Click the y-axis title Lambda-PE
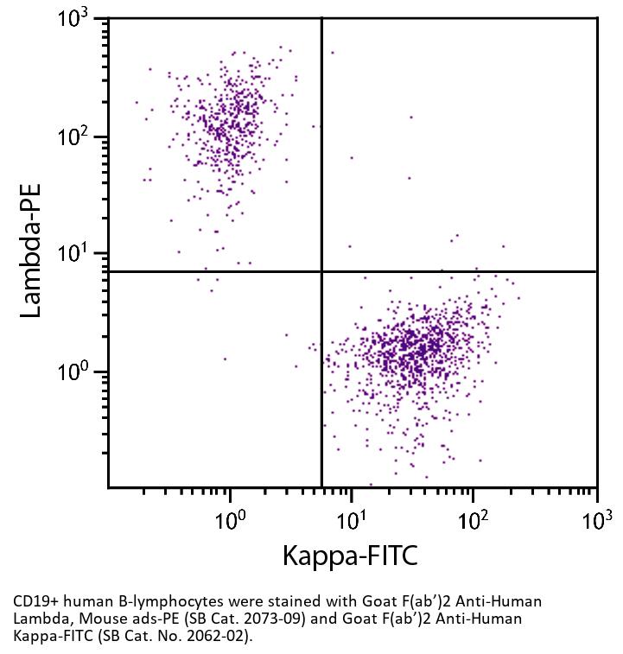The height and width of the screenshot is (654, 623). point(31,251)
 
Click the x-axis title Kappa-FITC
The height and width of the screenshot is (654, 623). point(349,556)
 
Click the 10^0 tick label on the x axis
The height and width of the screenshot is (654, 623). point(230,520)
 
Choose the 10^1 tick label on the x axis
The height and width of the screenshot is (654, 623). point(352,520)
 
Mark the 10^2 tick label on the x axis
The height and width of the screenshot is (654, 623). point(474,520)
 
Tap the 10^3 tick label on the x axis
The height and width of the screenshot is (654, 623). point(596,520)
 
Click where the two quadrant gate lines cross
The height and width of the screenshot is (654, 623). point(321,271)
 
